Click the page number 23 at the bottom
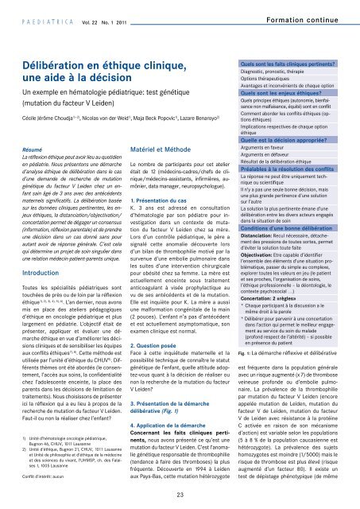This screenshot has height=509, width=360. (x=180, y=495)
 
